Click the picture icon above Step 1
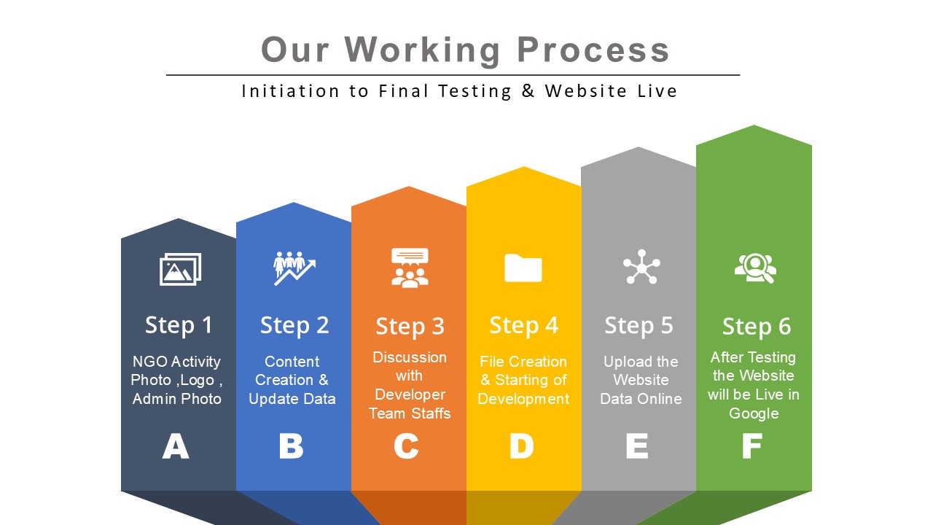(x=180, y=269)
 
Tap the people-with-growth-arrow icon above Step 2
(x=294, y=268)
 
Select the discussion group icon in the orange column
(x=410, y=268)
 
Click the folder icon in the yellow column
(x=523, y=268)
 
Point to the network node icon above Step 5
(x=641, y=267)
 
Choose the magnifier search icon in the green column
(x=755, y=268)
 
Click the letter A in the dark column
(x=176, y=446)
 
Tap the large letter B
(x=291, y=446)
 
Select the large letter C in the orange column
(x=406, y=446)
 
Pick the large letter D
(x=521, y=446)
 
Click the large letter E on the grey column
(x=636, y=446)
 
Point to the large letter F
(x=752, y=446)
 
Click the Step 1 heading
(x=179, y=324)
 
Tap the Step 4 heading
(x=523, y=325)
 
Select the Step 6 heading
(x=756, y=327)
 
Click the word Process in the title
(x=593, y=50)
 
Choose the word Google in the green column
(x=754, y=413)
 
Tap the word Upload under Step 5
(x=624, y=362)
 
